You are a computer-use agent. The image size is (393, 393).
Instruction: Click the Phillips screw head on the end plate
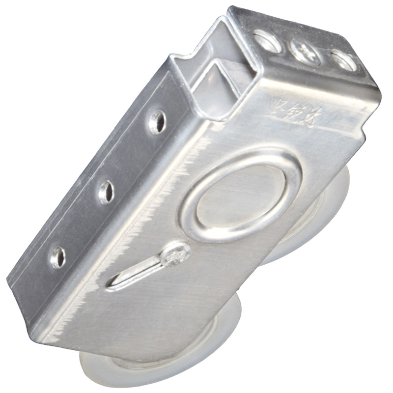[305, 51]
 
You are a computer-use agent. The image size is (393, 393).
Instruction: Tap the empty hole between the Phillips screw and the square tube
[268, 41]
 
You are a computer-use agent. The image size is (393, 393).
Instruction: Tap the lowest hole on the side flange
[58, 257]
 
